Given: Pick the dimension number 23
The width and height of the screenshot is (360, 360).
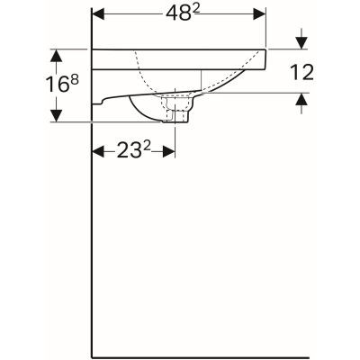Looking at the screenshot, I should tap(126, 152).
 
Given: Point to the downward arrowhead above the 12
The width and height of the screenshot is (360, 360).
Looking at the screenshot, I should tap(301, 42).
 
